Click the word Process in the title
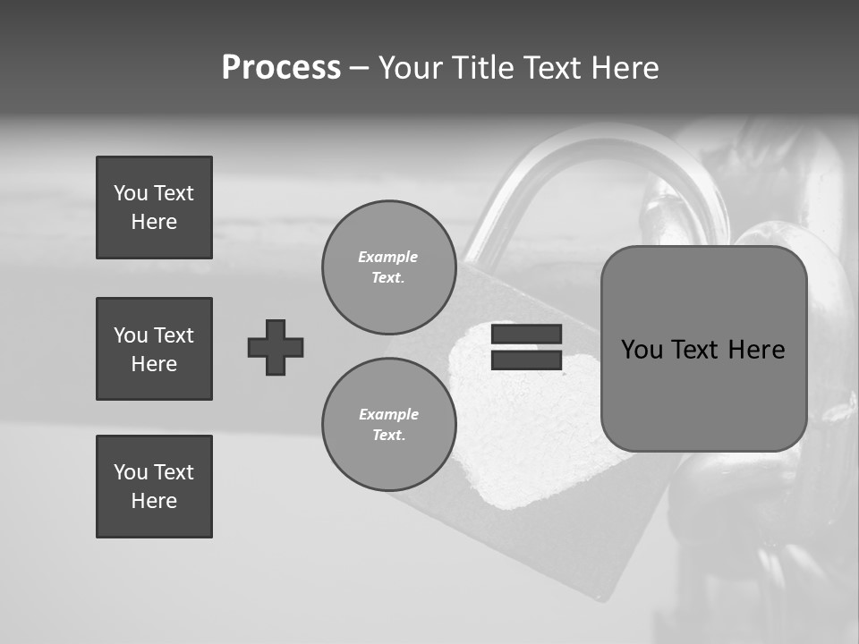pos(281,68)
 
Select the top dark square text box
pos(154,208)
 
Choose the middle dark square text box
pos(154,349)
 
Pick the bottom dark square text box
pos(154,487)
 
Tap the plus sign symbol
pos(276,347)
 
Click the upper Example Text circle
pos(388,267)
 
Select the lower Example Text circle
pos(388,425)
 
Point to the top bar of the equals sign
pos(526,335)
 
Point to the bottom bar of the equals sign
pos(526,360)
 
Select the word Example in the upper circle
pos(387,257)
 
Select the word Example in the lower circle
pos(388,414)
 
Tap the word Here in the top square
pos(154,222)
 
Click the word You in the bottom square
pos(130,472)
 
